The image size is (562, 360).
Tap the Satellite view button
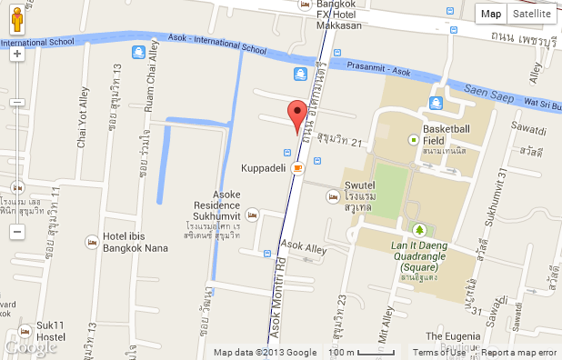pyautogui.click(x=531, y=14)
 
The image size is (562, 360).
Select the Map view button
pyautogui.click(x=491, y=14)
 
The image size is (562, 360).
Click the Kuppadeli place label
pyautogui.click(x=264, y=168)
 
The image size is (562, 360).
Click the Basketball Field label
pyautogui.click(x=446, y=135)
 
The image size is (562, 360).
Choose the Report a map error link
pyautogui.click(x=518, y=353)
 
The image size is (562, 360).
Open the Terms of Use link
pyautogui.click(x=440, y=353)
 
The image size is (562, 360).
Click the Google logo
pyautogui.click(x=31, y=346)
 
